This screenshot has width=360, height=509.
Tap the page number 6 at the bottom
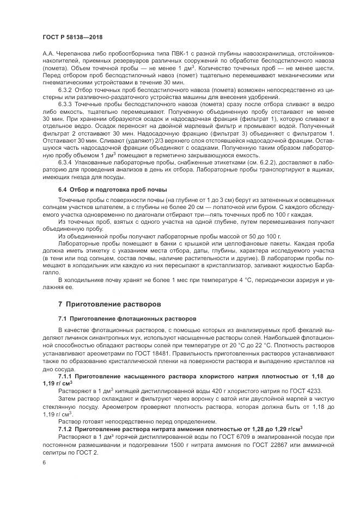click(x=43, y=462)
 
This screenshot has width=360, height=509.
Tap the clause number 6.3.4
click(x=65, y=162)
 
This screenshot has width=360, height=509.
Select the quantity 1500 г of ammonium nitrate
click(x=180, y=443)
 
